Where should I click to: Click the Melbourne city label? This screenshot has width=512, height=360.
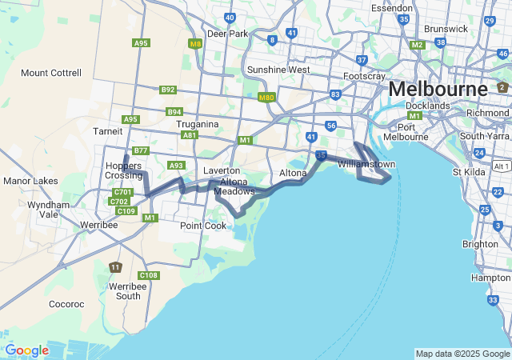[438, 88]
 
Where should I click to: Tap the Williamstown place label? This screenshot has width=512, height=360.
[367, 164]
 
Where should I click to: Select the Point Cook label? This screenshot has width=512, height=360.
[203, 226]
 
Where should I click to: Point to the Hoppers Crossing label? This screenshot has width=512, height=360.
[124, 170]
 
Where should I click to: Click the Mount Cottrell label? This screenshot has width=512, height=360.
[51, 73]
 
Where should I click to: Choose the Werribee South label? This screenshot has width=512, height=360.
[128, 291]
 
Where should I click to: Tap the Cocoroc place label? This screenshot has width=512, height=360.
[66, 304]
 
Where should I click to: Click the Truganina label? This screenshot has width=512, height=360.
[199, 124]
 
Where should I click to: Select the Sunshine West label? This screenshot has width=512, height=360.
[278, 70]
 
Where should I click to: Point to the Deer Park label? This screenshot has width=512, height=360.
[228, 34]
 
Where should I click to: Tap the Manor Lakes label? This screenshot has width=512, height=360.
[30, 181]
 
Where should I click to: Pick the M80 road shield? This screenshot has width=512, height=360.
[266, 98]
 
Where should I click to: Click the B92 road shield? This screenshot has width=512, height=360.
[167, 90]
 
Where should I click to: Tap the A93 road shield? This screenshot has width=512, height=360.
[176, 165]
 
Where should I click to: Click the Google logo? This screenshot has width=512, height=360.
[26, 350]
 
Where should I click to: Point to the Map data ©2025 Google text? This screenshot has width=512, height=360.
[462, 354]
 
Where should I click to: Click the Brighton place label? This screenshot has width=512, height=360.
[480, 244]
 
